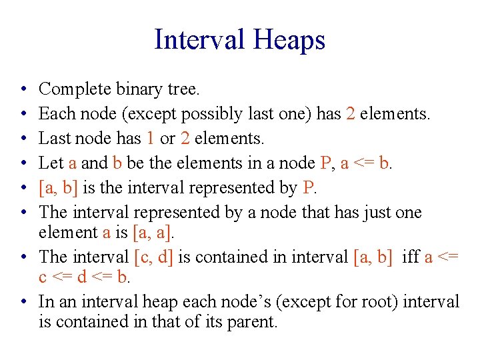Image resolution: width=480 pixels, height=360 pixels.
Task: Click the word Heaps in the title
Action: coord(288,39)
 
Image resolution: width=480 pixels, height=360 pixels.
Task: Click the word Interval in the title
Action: coord(199,39)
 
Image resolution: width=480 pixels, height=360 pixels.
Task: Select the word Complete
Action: coord(71,89)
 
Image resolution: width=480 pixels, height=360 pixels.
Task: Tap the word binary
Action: coord(131,89)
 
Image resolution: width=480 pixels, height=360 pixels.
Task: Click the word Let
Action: coord(50,163)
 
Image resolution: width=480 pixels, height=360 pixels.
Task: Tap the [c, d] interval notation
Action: coord(152,257)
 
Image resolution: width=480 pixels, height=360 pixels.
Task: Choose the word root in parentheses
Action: coord(359,301)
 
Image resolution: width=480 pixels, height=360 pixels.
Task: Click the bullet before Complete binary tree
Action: coord(23,89)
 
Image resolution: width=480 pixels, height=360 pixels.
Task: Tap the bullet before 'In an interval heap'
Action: coord(23,301)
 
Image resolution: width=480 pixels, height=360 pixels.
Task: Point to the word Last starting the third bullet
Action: coord(53,139)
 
